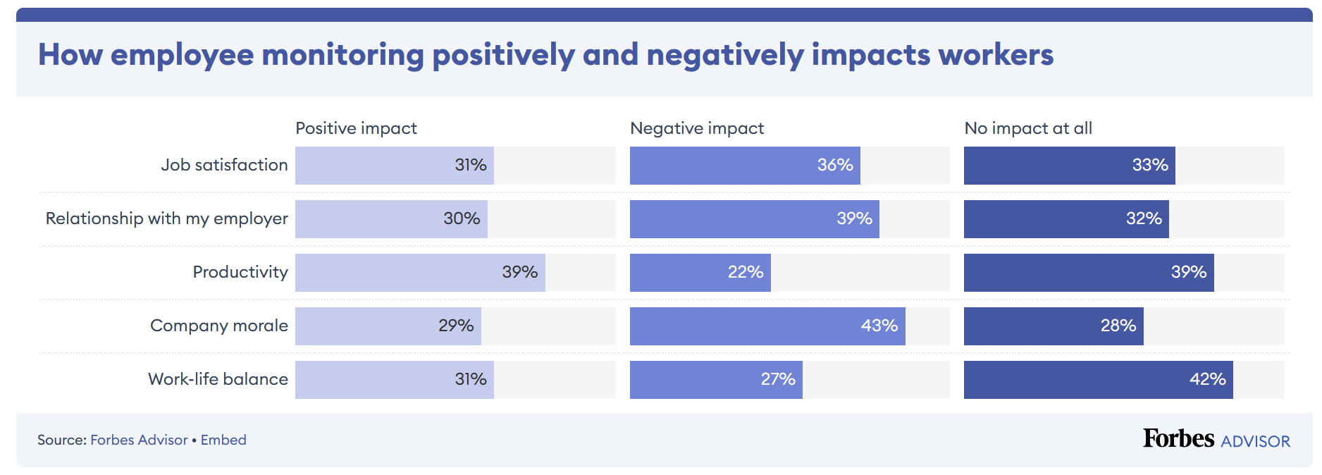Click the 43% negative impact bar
pyautogui.click(x=767, y=326)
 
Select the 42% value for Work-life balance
pyautogui.click(x=1207, y=379)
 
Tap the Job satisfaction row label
pyautogui.click(x=224, y=165)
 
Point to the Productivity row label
pyautogui.click(x=240, y=272)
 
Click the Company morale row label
pyautogui.click(x=218, y=326)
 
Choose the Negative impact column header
pyautogui.click(x=696, y=128)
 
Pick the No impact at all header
pyautogui.click(x=1027, y=128)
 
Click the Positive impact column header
pyautogui.click(x=356, y=128)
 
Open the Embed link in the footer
pyautogui.click(x=223, y=440)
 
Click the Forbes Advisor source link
pyautogui.click(x=139, y=440)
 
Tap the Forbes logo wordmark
pyautogui.click(x=1178, y=438)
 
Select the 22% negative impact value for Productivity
pyautogui.click(x=745, y=272)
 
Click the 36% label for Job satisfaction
pyautogui.click(x=834, y=165)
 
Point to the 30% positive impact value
pyautogui.click(x=462, y=218)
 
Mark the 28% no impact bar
pyautogui.click(x=1053, y=326)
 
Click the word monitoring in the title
pyautogui.click(x=342, y=55)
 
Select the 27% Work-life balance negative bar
pyautogui.click(x=715, y=379)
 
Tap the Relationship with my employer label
pyautogui.click(x=166, y=218)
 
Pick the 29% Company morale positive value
pyautogui.click(x=456, y=326)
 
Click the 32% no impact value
pyautogui.click(x=1143, y=218)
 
